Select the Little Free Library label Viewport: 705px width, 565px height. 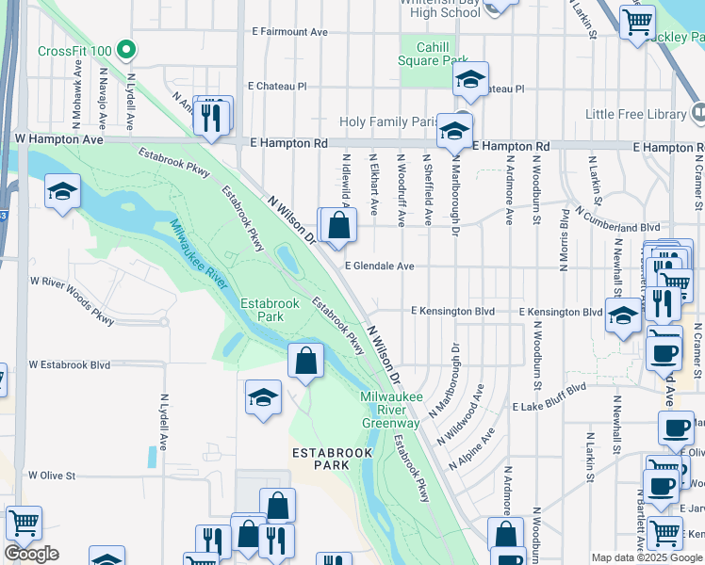[636, 114]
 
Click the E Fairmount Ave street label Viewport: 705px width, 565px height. [289, 31]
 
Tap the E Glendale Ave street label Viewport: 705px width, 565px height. [379, 266]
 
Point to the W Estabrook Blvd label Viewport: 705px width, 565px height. [70, 364]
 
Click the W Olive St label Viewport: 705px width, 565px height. [52, 476]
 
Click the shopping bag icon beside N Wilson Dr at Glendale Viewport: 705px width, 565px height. [337, 225]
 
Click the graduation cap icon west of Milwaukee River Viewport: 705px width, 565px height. [62, 192]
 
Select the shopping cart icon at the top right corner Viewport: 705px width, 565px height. [638, 21]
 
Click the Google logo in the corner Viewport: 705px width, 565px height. [31, 554]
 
